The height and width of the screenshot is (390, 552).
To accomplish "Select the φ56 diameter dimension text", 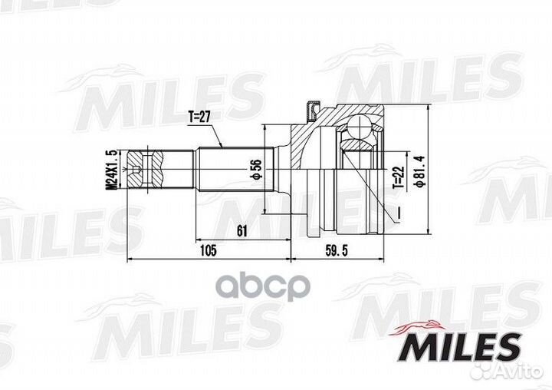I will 249,169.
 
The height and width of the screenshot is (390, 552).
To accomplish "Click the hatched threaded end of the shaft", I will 146,169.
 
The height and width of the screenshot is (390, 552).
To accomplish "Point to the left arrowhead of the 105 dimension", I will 130,259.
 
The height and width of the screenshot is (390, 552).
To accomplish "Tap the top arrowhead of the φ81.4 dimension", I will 427,107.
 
